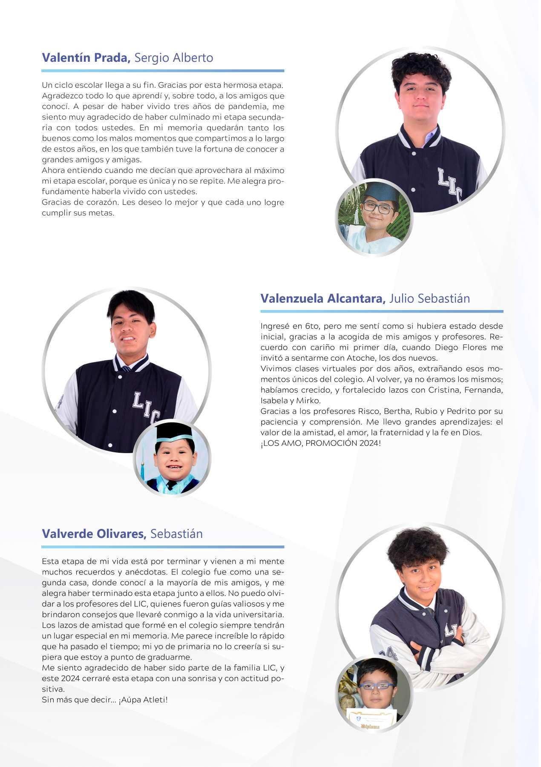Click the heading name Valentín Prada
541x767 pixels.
point(86,57)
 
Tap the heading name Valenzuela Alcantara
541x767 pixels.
point(323,298)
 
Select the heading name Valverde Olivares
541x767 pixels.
point(94,534)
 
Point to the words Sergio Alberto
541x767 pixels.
point(173,57)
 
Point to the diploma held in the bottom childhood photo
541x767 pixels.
point(371,717)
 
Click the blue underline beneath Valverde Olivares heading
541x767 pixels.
point(163,547)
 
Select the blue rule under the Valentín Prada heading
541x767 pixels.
point(163,71)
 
